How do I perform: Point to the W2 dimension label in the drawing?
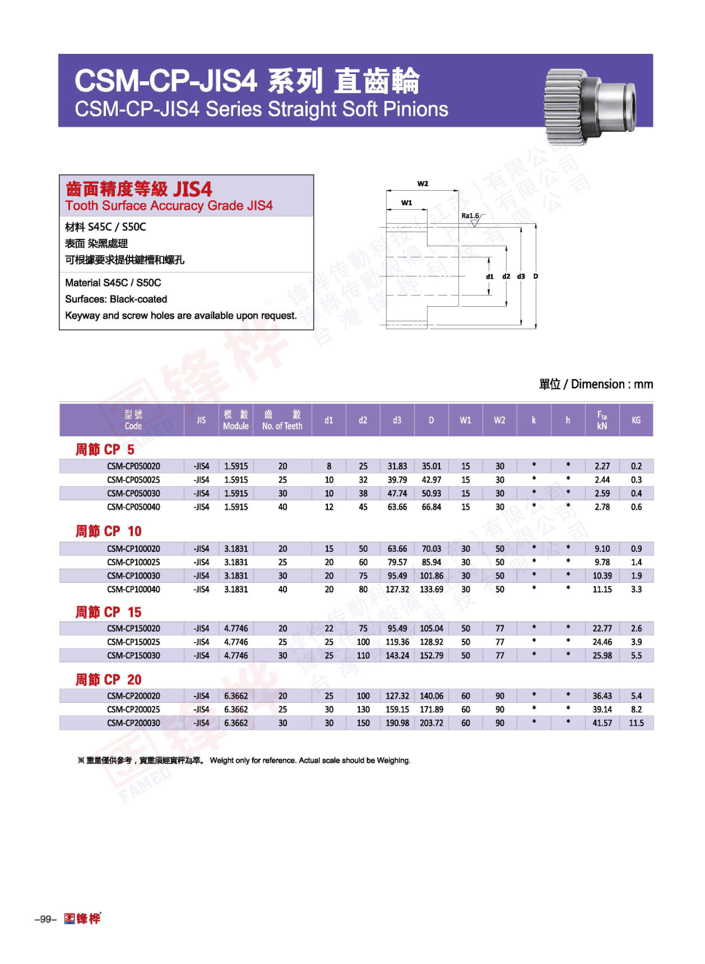[x=423, y=184]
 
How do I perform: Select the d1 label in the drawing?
[x=489, y=276]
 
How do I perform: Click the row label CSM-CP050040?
[x=134, y=507]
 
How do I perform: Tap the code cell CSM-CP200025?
[x=134, y=710]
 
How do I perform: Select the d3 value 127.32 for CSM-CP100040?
[x=397, y=589]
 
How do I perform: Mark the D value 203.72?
[x=431, y=723]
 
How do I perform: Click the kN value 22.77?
[x=602, y=628]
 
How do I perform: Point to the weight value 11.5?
[x=636, y=723]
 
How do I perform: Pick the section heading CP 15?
[x=108, y=612]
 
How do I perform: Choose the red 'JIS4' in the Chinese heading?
[x=192, y=189]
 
